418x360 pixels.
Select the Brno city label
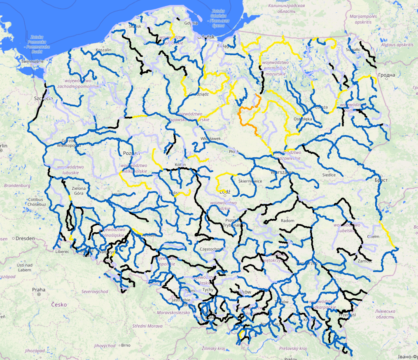(x=126, y=345)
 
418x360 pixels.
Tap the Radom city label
(x=287, y=221)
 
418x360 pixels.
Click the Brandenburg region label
(x=17, y=186)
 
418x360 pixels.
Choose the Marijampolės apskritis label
(x=363, y=19)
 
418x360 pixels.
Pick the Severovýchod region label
(x=95, y=291)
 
